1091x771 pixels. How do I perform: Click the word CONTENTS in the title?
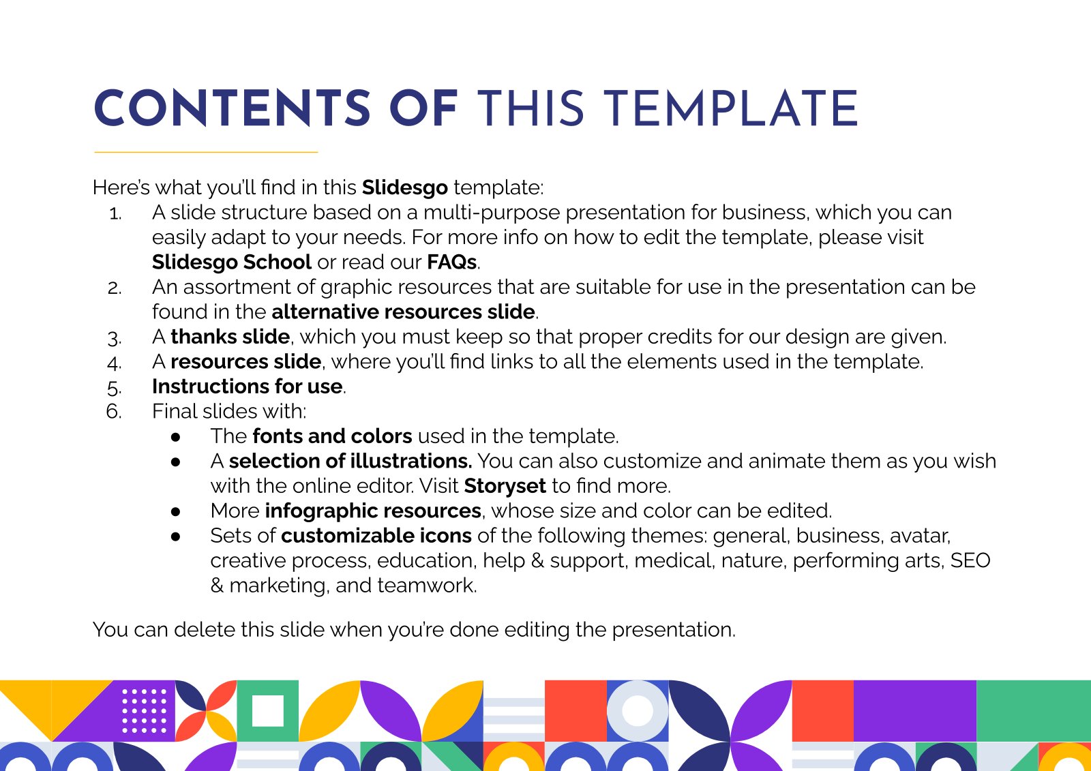pos(233,108)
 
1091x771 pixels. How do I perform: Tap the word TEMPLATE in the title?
pos(730,108)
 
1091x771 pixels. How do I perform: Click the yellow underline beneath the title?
pos(206,152)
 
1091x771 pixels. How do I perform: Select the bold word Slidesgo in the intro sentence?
pos(405,187)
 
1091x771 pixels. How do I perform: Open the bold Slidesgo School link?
pos(231,262)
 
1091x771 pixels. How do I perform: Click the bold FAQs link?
pos(451,262)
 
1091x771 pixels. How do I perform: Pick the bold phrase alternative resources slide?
pos(403,312)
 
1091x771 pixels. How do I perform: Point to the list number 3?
pos(115,338)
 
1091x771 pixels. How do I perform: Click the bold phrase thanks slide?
pos(230,337)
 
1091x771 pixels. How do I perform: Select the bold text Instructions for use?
pos(248,387)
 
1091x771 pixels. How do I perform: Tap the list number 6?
pos(113,412)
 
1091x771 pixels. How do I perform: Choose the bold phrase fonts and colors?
pos(332,436)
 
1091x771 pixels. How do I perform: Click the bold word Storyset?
pos(505,486)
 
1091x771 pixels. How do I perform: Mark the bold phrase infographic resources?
pos(373,511)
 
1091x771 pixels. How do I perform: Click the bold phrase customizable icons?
pos(376,536)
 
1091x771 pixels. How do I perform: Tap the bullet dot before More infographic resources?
pos(176,511)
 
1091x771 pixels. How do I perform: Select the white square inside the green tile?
pos(268,710)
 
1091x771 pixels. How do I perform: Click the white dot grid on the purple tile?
pos(144,710)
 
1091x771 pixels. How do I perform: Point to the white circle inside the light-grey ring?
pos(638,710)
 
